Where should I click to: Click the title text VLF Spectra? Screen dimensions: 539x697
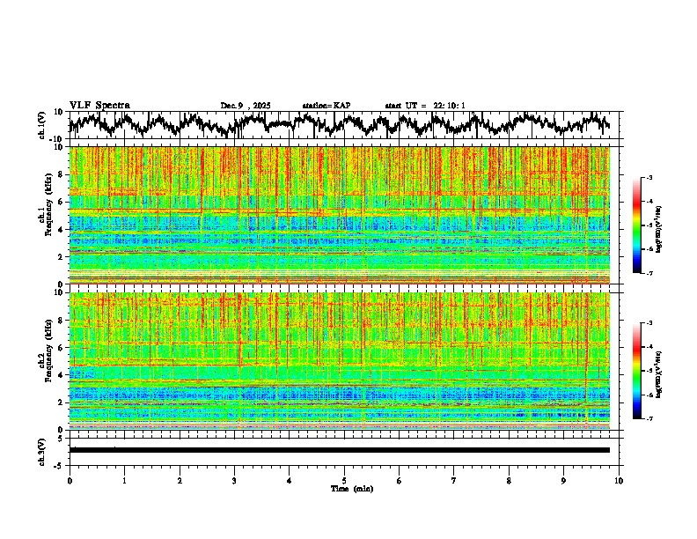click(99, 105)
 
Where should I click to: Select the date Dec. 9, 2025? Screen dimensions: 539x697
click(246, 106)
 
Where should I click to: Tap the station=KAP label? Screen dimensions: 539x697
click(326, 106)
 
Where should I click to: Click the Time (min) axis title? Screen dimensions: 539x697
click(344, 488)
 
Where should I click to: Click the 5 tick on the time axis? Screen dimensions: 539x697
click(344, 480)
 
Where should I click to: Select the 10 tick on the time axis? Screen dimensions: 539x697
click(619, 480)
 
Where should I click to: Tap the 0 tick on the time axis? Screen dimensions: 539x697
click(70, 480)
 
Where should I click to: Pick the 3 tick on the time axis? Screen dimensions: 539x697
click(234, 480)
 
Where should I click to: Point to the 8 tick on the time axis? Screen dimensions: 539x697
click(509, 480)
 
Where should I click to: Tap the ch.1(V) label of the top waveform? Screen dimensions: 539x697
click(42, 125)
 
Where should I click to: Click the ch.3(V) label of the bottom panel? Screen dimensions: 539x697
click(42, 450)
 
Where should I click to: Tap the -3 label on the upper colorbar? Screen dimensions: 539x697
click(649, 177)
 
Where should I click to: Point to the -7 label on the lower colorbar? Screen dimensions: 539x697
click(649, 419)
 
